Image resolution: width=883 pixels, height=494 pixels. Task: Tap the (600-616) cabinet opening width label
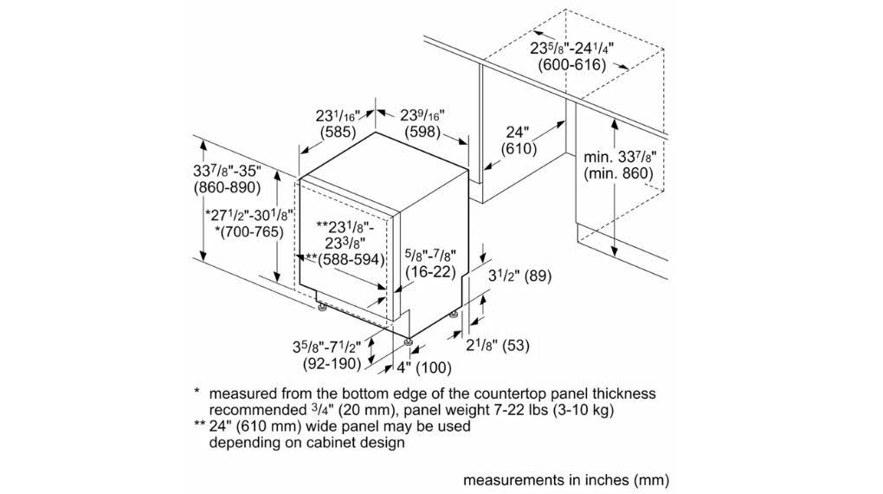click(571, 65)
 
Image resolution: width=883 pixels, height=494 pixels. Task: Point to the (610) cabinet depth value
click(518, 149)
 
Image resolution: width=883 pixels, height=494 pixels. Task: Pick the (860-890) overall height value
click(228, 188)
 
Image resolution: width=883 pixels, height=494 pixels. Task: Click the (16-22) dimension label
click(430, 271)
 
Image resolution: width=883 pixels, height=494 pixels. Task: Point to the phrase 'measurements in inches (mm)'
click(566, 478)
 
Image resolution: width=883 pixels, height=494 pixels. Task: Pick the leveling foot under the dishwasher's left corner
click(321, 306)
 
